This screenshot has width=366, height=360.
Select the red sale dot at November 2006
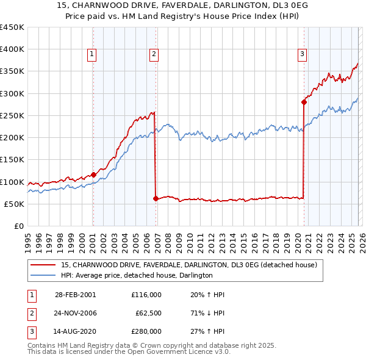pos(156,198)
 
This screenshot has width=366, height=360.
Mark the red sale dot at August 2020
pos(303,103)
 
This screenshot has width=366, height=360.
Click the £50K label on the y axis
pos(15,204)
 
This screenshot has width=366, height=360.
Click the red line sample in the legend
pos(44,265)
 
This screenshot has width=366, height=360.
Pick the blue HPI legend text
pos(137,276)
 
